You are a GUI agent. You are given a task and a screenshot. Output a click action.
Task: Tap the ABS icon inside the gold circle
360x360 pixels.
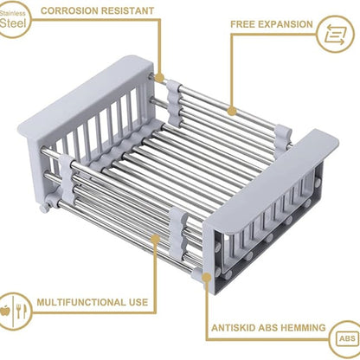coord(344,338)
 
